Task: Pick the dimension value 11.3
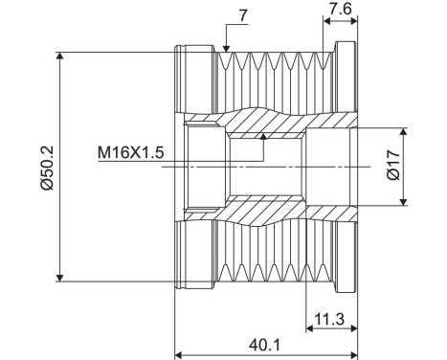329,316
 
